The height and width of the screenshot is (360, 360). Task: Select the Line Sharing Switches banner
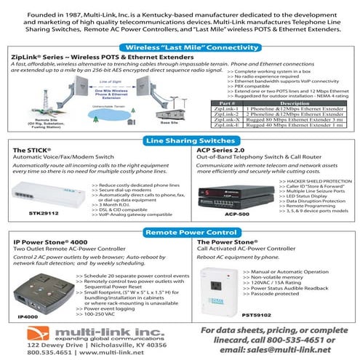[180, 140]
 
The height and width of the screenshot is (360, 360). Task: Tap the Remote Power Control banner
[180, 232]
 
